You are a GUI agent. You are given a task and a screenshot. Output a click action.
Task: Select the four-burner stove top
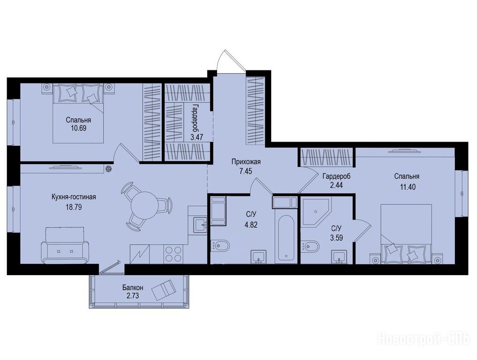click(173, 254)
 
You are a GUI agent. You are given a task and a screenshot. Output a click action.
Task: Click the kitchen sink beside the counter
click(200, 225)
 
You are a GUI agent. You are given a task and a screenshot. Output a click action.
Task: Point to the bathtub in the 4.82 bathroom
click(285, 238)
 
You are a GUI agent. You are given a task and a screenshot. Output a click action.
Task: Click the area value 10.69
click(78, 128)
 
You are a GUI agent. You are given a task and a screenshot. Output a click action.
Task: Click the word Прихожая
click(246, 162)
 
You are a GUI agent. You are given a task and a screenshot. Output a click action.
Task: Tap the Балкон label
click(133, 287)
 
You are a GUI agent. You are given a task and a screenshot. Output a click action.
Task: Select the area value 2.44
click(336, 185)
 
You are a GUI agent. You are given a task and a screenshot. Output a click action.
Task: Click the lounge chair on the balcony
click(163, 290)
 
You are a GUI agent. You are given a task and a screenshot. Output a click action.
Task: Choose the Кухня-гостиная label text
click(74, 197)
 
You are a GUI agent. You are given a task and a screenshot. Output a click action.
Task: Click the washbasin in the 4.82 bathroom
click(258, 256)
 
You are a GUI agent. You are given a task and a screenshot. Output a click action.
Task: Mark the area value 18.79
click(74, 207)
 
